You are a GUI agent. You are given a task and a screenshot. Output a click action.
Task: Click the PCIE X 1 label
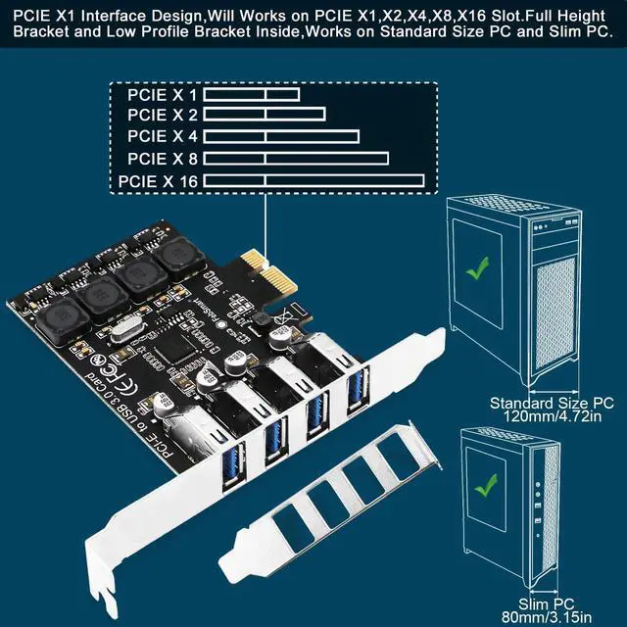tap(163, 95)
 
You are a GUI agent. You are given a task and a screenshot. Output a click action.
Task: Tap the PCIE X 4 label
tap(163, 137)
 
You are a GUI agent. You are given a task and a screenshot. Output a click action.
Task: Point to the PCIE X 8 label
tap(163, 158)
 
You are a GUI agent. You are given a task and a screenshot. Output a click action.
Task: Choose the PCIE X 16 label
tap(158, 180)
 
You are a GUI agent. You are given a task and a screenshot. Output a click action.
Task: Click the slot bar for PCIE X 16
tap(313, 180)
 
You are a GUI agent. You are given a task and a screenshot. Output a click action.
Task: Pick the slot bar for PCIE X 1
tap(251, 95)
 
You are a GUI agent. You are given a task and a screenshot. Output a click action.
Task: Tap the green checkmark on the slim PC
tap(483, 485)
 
